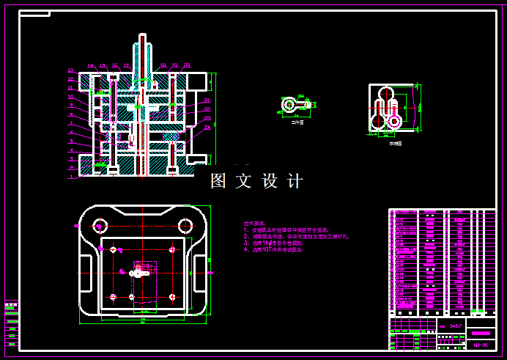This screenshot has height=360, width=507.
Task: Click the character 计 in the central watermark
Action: [295, 181]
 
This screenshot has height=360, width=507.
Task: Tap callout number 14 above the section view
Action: [91, 66]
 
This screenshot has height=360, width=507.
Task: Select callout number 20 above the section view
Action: [187, 65]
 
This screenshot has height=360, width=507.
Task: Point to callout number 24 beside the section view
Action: [207, 127]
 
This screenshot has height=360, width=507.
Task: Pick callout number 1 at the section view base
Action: [71, 176]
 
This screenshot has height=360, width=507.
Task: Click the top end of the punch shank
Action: [141, 37]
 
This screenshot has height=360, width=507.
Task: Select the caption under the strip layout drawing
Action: [395, 144]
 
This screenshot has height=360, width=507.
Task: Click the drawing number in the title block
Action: [481, 344]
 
